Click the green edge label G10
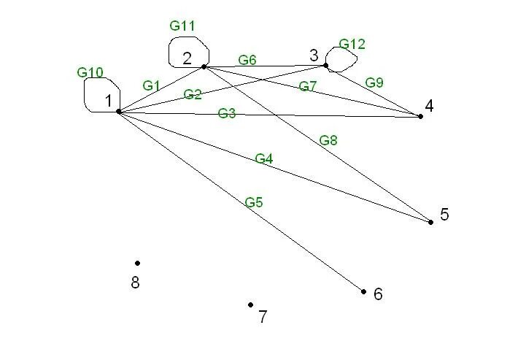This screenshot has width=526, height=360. tap(90, 72)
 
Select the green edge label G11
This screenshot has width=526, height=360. tap(182, 26)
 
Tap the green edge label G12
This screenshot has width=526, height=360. tap(352, 45)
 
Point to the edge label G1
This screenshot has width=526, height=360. tap(151, 85)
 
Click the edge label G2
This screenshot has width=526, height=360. tap(193, 94)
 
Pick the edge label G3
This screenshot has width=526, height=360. tap(226, 113)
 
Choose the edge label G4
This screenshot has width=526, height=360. tap(263, 158)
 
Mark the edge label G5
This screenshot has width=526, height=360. tap(254, 202)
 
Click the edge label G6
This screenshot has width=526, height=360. tap(247, 60)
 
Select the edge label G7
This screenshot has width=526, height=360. tap(308, 86)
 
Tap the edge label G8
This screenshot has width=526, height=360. tap(328, 140)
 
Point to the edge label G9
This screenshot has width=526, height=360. tap(374, 83)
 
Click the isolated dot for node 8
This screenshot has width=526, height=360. tap(137, 263)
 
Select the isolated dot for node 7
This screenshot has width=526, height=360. tap(250, 305)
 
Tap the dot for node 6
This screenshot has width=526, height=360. tap(363, 291)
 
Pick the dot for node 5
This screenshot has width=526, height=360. tap(430, 222)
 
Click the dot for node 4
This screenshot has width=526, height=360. tap(420, 116)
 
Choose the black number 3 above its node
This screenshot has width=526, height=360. tap(314, 55)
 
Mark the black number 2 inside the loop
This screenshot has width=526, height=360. tap(187, 58)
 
